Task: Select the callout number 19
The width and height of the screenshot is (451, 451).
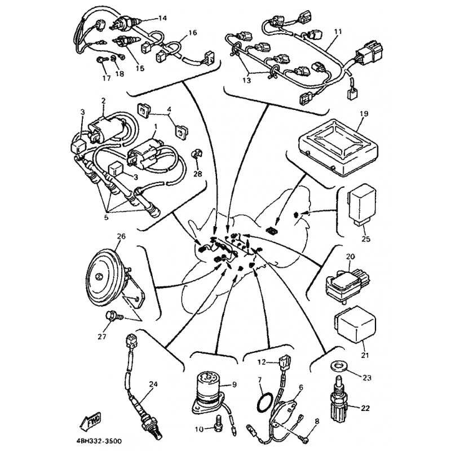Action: coord(364,113)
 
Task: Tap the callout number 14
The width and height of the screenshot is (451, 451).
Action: coord(162,18)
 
